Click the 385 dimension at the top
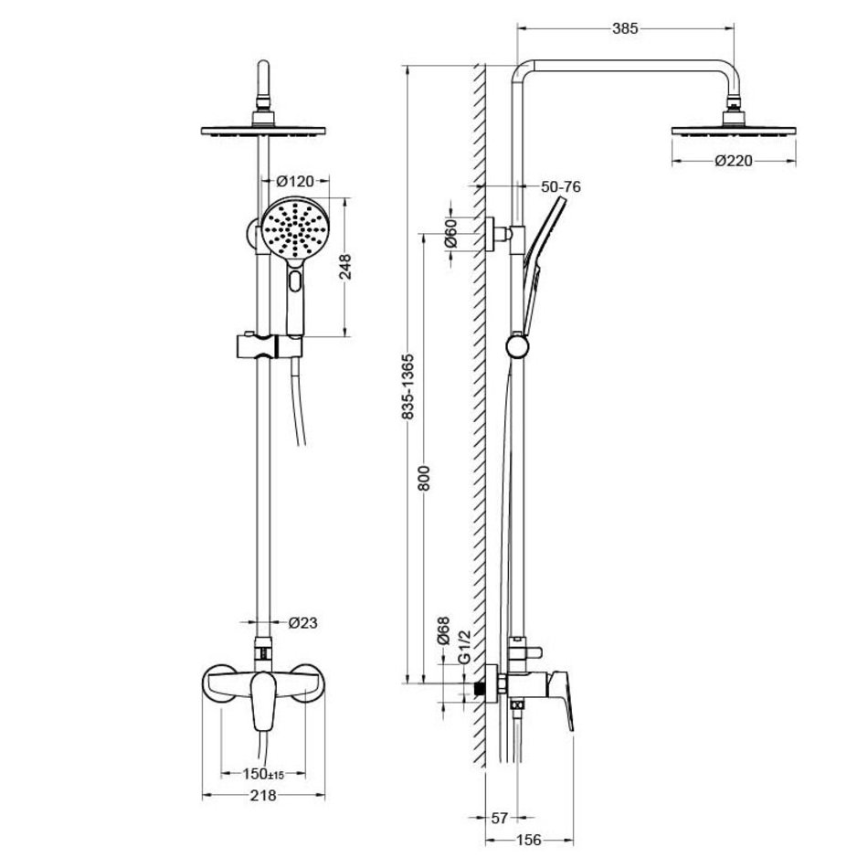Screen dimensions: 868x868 [x=625, y=28]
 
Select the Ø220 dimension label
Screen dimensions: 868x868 [x=734, y=161]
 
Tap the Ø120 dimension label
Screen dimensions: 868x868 [x=295, y=181]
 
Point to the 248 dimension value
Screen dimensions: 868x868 [x=344, y=267]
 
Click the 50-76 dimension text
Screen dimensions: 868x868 [x=561, y=187]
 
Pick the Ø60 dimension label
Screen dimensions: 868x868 [x=451, y=233]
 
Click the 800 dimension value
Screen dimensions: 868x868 [x=423, y=478]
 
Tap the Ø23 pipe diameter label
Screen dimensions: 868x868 [x=302, y=623]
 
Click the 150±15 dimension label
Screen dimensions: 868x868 [x=263, y=774]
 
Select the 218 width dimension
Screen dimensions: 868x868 [x=263, y=796]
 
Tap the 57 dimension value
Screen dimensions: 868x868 [x=500, y=818]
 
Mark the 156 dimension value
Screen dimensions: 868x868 [x=529, y=840]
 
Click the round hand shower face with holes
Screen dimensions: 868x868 [x=295, y=228]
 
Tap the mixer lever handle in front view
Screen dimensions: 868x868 [x=263, y=701]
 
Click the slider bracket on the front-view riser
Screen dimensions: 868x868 [x=270, y=346]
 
